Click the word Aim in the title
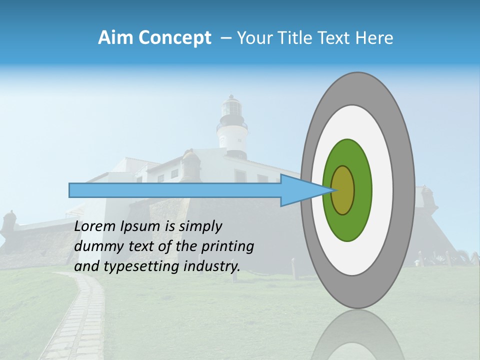point(115,38)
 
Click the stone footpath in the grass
point(80,320)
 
